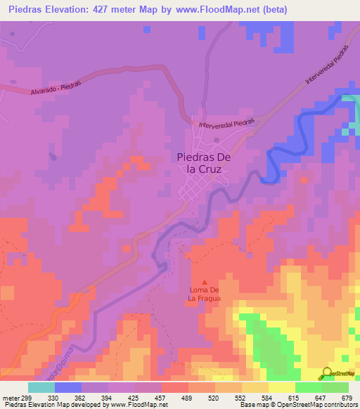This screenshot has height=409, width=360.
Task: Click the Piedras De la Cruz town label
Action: click(x=203, y=164)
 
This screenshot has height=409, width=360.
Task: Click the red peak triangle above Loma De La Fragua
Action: click(x=205, y=282)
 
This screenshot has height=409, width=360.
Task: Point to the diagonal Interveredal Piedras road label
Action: click(x=328, y=70)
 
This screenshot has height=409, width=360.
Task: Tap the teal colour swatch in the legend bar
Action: click(x=41, y=387)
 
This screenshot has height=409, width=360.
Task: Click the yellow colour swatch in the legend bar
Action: click(x=281, y=387)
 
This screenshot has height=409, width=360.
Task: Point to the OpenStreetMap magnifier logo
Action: click(x=328, y=374)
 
